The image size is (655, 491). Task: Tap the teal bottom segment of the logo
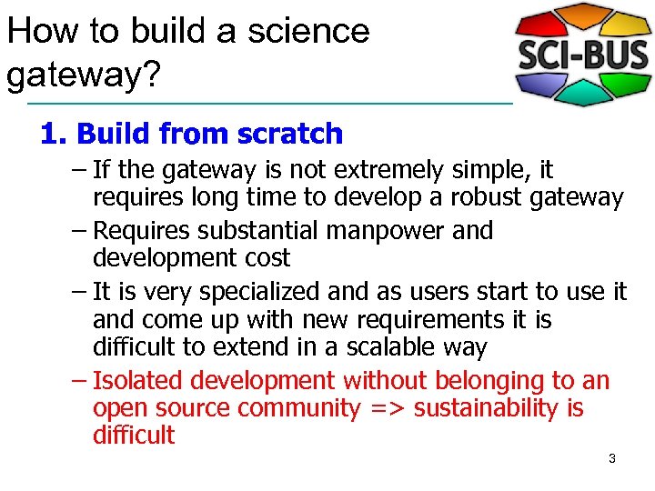(583, 93)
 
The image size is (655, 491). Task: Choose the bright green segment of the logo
(627, 82)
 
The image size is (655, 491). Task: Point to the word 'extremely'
(382, 170)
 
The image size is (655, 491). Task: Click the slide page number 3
(611, 459)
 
